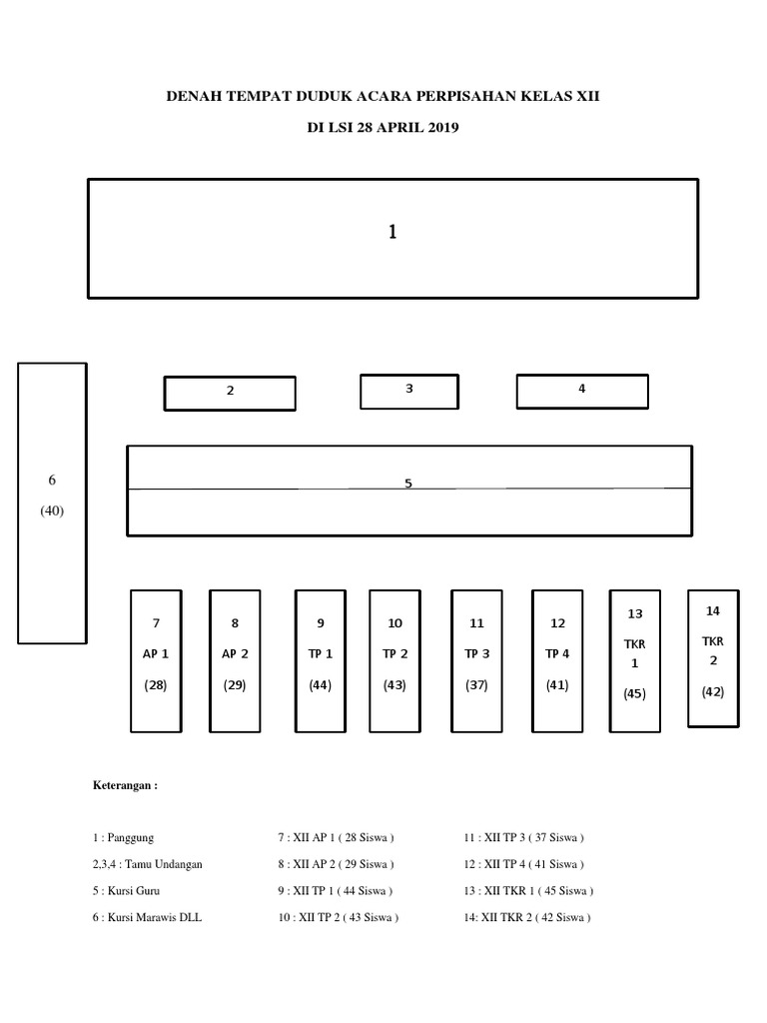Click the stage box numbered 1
(392, 238)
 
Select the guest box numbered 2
(230, 393)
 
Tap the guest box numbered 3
(409, 391)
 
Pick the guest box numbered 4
(581, 391)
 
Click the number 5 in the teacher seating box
(407, 484)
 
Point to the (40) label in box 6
(52, 511)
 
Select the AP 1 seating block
(156, 660)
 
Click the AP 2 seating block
(235, 660)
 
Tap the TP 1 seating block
(321, 660)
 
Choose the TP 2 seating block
(394, 660)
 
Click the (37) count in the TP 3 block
(476, 686)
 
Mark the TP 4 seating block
(557, 660)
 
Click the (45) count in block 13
(635, 693)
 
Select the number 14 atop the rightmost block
(712, 610)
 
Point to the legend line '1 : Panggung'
(124, 838)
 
